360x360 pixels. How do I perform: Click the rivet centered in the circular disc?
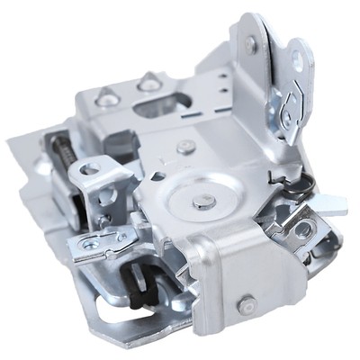[x=204, y=202]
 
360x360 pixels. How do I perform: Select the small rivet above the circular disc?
[x=185, y=147]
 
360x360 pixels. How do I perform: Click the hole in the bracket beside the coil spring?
[x=89, y=169]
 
